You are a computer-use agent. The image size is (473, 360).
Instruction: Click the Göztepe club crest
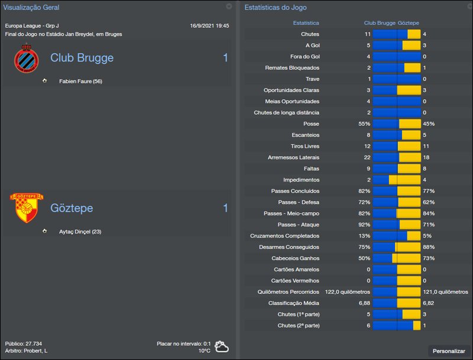26,208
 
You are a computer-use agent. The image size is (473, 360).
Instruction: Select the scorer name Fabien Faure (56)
80,81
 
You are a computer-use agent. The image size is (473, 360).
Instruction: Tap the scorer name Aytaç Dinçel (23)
80,232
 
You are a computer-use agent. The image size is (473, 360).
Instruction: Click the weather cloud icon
222,346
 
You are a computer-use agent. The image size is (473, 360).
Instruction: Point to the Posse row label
311,124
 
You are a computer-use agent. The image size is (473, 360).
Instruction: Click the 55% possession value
364,124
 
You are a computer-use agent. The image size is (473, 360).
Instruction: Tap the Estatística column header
306,23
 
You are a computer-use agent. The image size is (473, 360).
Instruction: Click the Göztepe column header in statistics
409,23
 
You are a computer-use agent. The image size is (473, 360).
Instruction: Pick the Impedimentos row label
301,180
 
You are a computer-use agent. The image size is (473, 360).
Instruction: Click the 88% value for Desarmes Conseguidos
429,247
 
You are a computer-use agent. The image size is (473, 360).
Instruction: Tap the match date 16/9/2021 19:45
209,26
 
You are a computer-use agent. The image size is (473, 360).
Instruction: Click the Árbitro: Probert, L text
26,351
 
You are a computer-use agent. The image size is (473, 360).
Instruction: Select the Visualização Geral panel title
31,7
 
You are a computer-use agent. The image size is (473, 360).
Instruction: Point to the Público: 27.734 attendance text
23,343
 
